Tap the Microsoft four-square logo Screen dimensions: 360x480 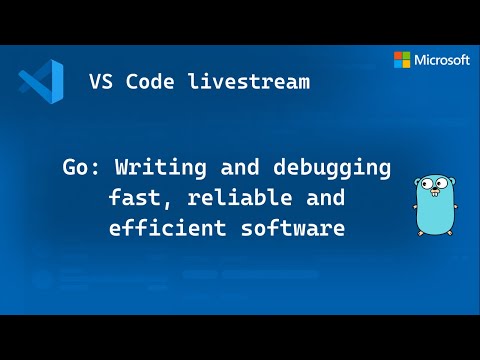pos(402,60)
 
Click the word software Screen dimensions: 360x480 pos(299,228)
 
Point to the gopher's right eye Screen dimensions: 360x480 pos(446,185)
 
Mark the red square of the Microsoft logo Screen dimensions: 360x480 pos(398,56)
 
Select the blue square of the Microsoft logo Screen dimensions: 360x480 pos(398,65)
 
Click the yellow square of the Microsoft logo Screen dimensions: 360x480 pos(407,65)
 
